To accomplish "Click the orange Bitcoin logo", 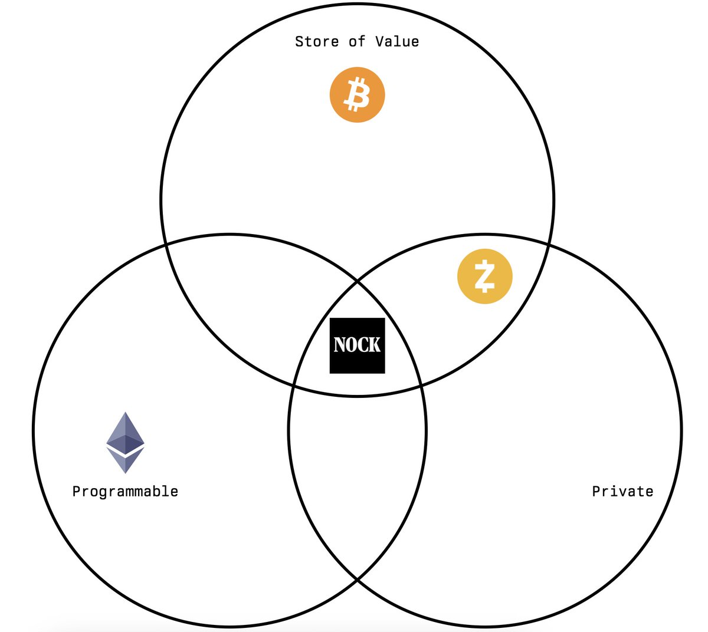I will pos(357,95).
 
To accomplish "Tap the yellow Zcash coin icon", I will pos(484,276).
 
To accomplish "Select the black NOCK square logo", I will pos(357,345).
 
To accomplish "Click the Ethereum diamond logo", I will pos(125,442).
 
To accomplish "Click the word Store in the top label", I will pos(317,42).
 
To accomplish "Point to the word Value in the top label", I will pos(397,42).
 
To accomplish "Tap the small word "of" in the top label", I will pos(357,42).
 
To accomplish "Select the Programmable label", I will pos(125,491).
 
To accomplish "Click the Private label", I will pos(622,491).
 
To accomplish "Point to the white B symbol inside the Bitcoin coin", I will pos(357,96).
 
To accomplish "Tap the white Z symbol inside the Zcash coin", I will pos(484,276).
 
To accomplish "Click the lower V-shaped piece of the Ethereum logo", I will pos(125,461).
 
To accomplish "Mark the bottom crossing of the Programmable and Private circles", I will pos(357,580).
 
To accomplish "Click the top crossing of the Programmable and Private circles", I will pos(357,282).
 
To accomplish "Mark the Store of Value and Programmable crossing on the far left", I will pos(166,243).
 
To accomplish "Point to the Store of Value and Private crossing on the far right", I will pos(549,243).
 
